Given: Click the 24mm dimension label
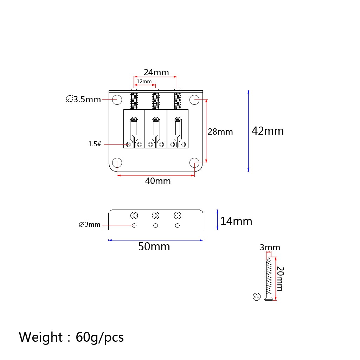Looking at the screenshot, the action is click(156, 72).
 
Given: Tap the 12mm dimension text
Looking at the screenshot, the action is click(144, 82).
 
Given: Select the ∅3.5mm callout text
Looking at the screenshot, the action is click(83, 99).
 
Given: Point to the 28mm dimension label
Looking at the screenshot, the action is click(220, 132).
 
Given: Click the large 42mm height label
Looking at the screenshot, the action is click(268, 131).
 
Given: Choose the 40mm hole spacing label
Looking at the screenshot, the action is click(158, 181).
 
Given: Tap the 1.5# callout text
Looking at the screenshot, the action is click(95, 144).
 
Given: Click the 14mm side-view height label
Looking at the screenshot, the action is click(236, 221).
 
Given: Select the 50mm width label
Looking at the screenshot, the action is click(154, 246).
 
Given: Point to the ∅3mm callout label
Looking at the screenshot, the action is click(90, 225).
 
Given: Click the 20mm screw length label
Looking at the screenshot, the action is click(280, 279).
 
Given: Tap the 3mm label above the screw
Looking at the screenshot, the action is click(270, 247).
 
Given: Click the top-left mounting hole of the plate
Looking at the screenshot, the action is click(117, 99).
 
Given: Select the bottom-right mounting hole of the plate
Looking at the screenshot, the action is click(194, 163).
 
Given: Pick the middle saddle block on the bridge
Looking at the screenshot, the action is click(156, 129).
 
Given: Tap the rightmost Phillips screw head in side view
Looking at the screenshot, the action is click(178, 216).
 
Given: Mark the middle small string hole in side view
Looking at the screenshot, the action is click(156, 226).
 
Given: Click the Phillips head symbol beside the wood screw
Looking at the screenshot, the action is click(256, 297).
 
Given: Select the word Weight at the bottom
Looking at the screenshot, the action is click(41, 337).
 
